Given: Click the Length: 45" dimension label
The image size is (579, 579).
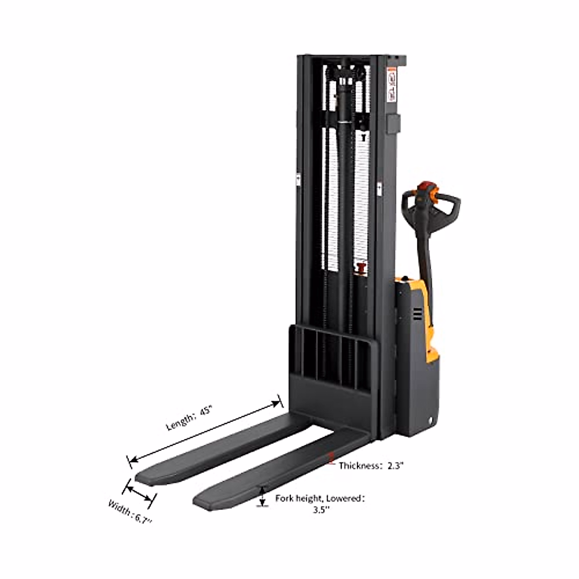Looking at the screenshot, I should (189, 418).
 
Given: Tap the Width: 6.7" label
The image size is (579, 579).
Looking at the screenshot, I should (129, 513).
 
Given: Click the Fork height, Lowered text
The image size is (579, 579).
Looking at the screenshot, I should (319, 498).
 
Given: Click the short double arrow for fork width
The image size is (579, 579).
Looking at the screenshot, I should (139, 493).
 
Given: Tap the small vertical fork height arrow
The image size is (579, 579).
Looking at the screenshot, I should (262, 496).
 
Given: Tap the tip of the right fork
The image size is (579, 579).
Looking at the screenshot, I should (203, 501).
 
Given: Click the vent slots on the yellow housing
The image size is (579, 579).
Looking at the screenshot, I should (417, 315).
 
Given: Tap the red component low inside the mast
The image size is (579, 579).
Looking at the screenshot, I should (360, 267).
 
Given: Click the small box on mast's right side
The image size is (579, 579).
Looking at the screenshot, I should (393, 124).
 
